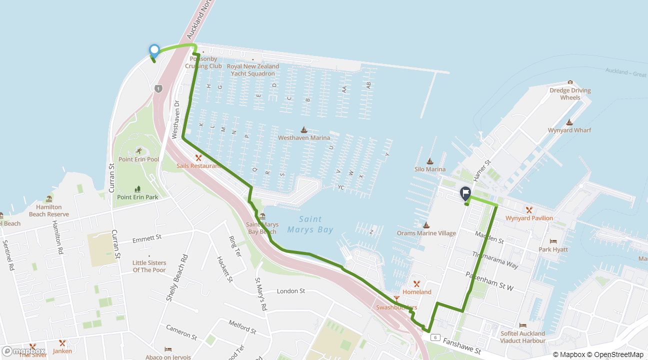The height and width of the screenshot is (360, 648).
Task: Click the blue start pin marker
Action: (x=154, y=50)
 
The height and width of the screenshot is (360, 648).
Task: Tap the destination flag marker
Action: (x=465, y=192)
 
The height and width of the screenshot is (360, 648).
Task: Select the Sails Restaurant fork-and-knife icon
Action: (x=198, y=157)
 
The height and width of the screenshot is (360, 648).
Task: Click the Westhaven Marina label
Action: (x=304, y=138)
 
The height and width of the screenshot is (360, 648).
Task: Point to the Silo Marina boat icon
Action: (x=429, y=161)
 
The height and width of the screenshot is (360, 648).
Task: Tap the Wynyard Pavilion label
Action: (x=529, y=218)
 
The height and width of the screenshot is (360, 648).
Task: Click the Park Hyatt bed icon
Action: (x=553, y=241)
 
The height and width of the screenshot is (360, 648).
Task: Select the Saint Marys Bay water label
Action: (x=310, y=224)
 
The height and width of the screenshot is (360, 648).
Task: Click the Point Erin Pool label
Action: (x=138, y=159)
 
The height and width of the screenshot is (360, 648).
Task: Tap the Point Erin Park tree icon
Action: (x=138, y=189)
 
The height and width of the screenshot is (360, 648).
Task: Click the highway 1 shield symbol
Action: (x=158, y=88)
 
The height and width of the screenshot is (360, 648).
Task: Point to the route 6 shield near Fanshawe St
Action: (x=435, y=337)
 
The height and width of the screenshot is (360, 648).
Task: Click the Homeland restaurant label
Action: (x=416, y=292)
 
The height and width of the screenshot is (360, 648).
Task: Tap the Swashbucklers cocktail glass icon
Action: (x=396, y=299)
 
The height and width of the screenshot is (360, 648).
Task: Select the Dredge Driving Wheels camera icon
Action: (x=570, y=82)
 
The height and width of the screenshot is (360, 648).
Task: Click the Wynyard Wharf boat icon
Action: (x=569, y=122)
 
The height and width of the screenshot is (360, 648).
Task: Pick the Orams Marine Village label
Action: (x=426, y=233)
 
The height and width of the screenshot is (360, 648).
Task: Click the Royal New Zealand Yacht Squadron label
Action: (x=252, y=70)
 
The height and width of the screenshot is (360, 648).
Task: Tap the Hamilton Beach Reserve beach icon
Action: (x=49, y=199)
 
